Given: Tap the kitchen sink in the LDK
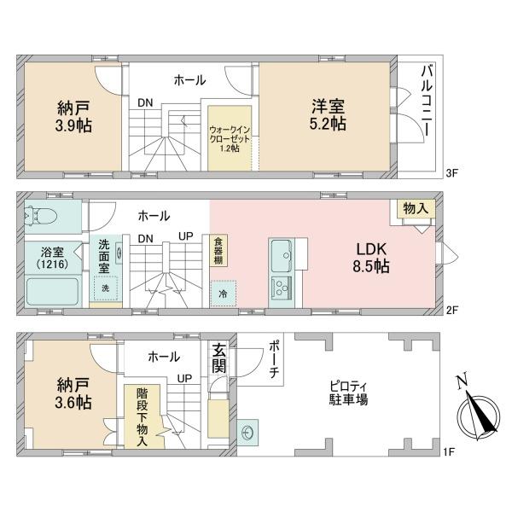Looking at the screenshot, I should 281,253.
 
